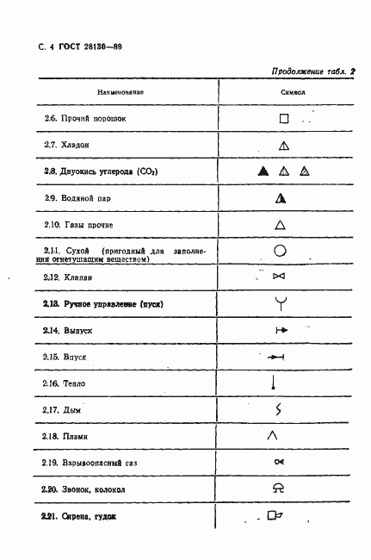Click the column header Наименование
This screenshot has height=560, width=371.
click(121, 90)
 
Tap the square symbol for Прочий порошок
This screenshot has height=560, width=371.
click(281, 118)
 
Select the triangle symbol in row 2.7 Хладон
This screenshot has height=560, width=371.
click(282, 145)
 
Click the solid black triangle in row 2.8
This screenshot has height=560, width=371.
click(263, 171)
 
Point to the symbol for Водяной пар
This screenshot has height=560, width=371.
click(280, 198)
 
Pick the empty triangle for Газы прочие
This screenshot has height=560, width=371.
click(280, 225)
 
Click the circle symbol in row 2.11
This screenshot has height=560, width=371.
click(280, 252)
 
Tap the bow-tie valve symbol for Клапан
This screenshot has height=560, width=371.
click(278, 277)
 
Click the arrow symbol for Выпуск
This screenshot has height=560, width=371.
click(279, 330)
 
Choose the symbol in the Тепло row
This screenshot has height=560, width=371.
click(273, 382)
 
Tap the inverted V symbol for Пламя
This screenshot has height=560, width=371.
click(272, 436)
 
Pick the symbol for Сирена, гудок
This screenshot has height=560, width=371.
click(276, 517)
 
